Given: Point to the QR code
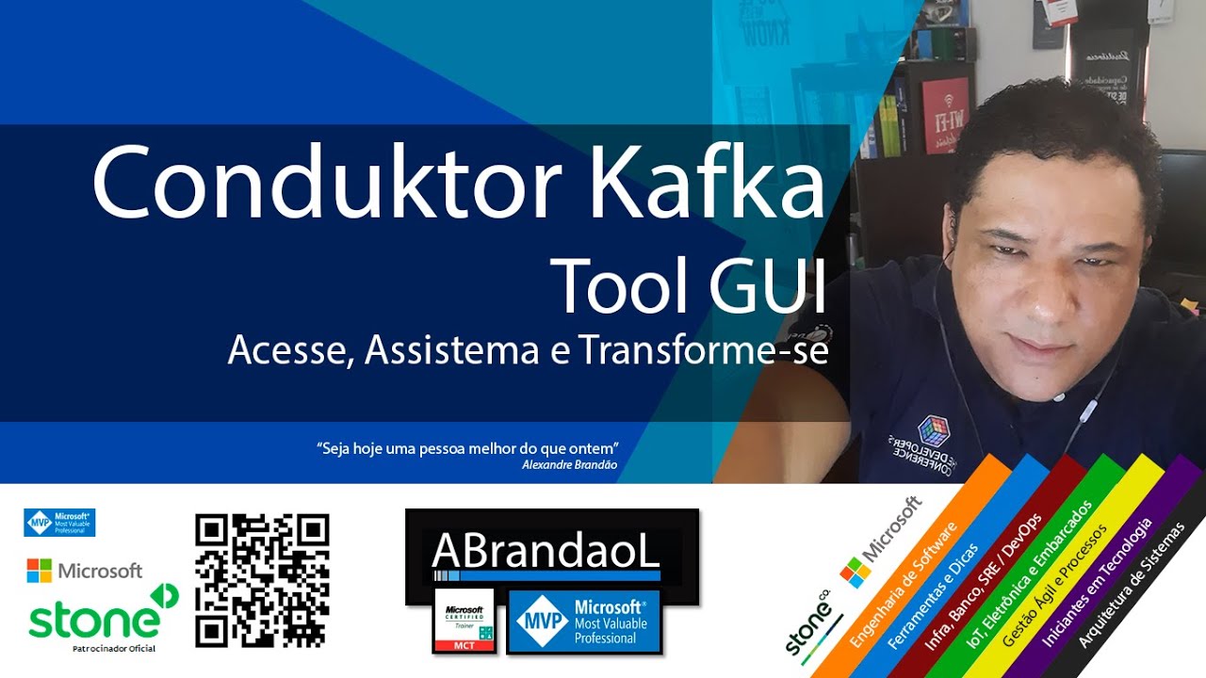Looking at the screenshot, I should pyautogui.click(x=262, y=580).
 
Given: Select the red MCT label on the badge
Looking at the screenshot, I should pyautogui.click(x=463, y=645).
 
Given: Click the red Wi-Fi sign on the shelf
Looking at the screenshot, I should pyautogui.click(x=944, y=116).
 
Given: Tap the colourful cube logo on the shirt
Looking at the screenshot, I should pyautogui.click(x=934, y=429).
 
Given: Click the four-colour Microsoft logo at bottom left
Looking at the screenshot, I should pyautogui.click(x=39, y=571).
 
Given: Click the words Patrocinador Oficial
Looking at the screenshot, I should pyautogui.click(x=113, y=648).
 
